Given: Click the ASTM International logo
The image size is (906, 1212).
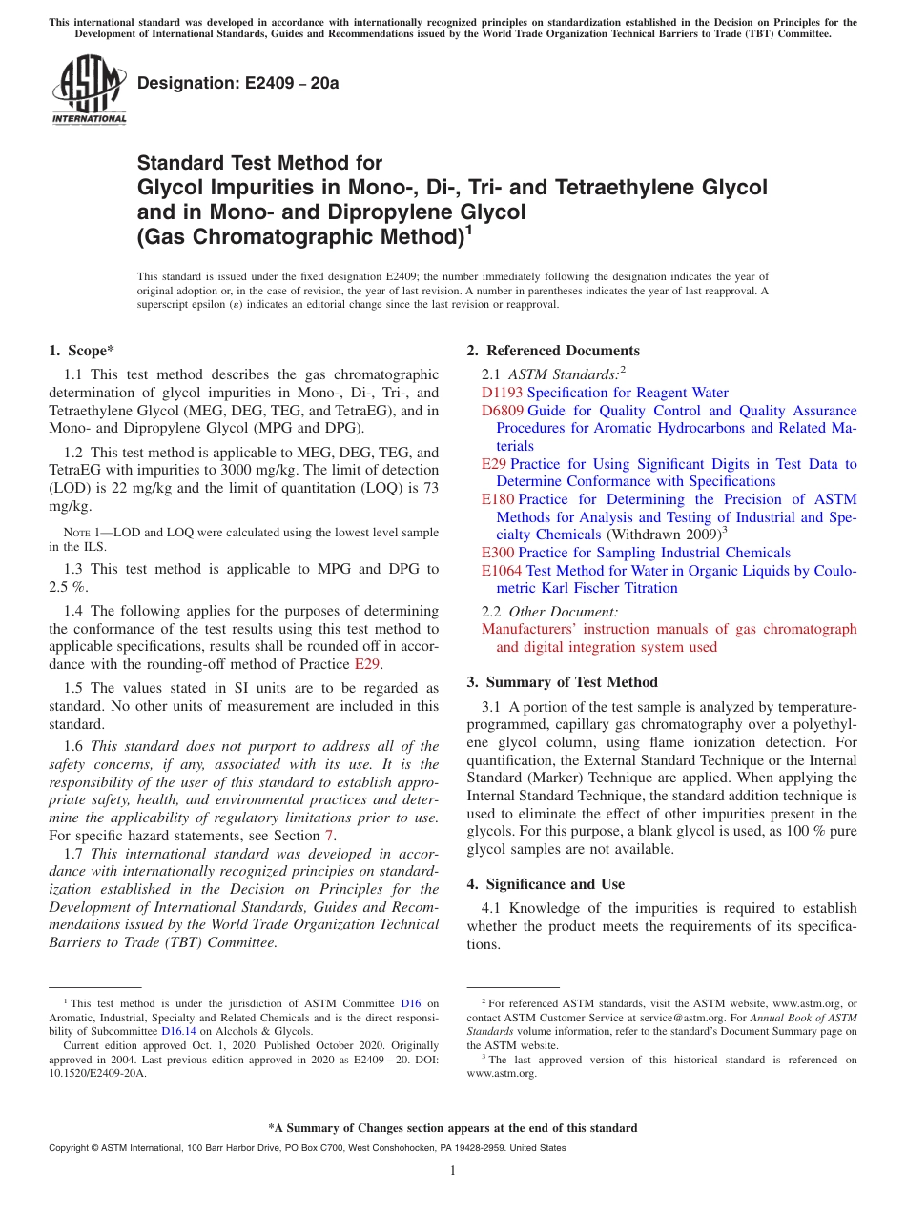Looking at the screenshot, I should pos(89,90).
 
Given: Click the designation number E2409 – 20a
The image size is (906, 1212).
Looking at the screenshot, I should pos(238,84).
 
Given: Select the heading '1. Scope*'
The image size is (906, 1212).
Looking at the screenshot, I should pos(83,351).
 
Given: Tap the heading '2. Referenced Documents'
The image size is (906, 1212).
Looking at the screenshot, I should pos(553,351).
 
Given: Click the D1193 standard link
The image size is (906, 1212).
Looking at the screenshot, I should pos(503,393).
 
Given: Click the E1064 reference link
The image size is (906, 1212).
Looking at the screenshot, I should pos(502,571).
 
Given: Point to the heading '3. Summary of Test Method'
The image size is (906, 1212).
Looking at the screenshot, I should pos(562,682).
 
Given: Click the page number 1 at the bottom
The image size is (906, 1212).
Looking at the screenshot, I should pos(453,1171).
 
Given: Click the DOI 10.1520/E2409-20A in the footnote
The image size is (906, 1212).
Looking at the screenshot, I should pos(97,1072).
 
